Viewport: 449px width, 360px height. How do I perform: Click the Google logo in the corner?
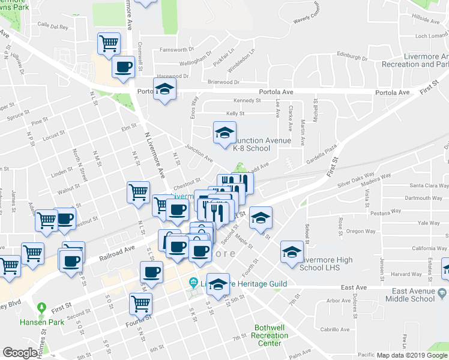(20, 353)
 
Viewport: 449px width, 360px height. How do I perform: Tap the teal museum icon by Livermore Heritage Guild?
(193, 283)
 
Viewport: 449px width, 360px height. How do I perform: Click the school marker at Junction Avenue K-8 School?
(224, 133)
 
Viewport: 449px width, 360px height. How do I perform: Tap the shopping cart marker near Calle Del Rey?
(109, 43)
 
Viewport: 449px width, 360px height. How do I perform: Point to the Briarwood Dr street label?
(223, 82)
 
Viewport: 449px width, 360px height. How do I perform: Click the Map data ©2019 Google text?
(412, 355)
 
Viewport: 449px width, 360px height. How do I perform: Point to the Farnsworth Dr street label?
(174, 50)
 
